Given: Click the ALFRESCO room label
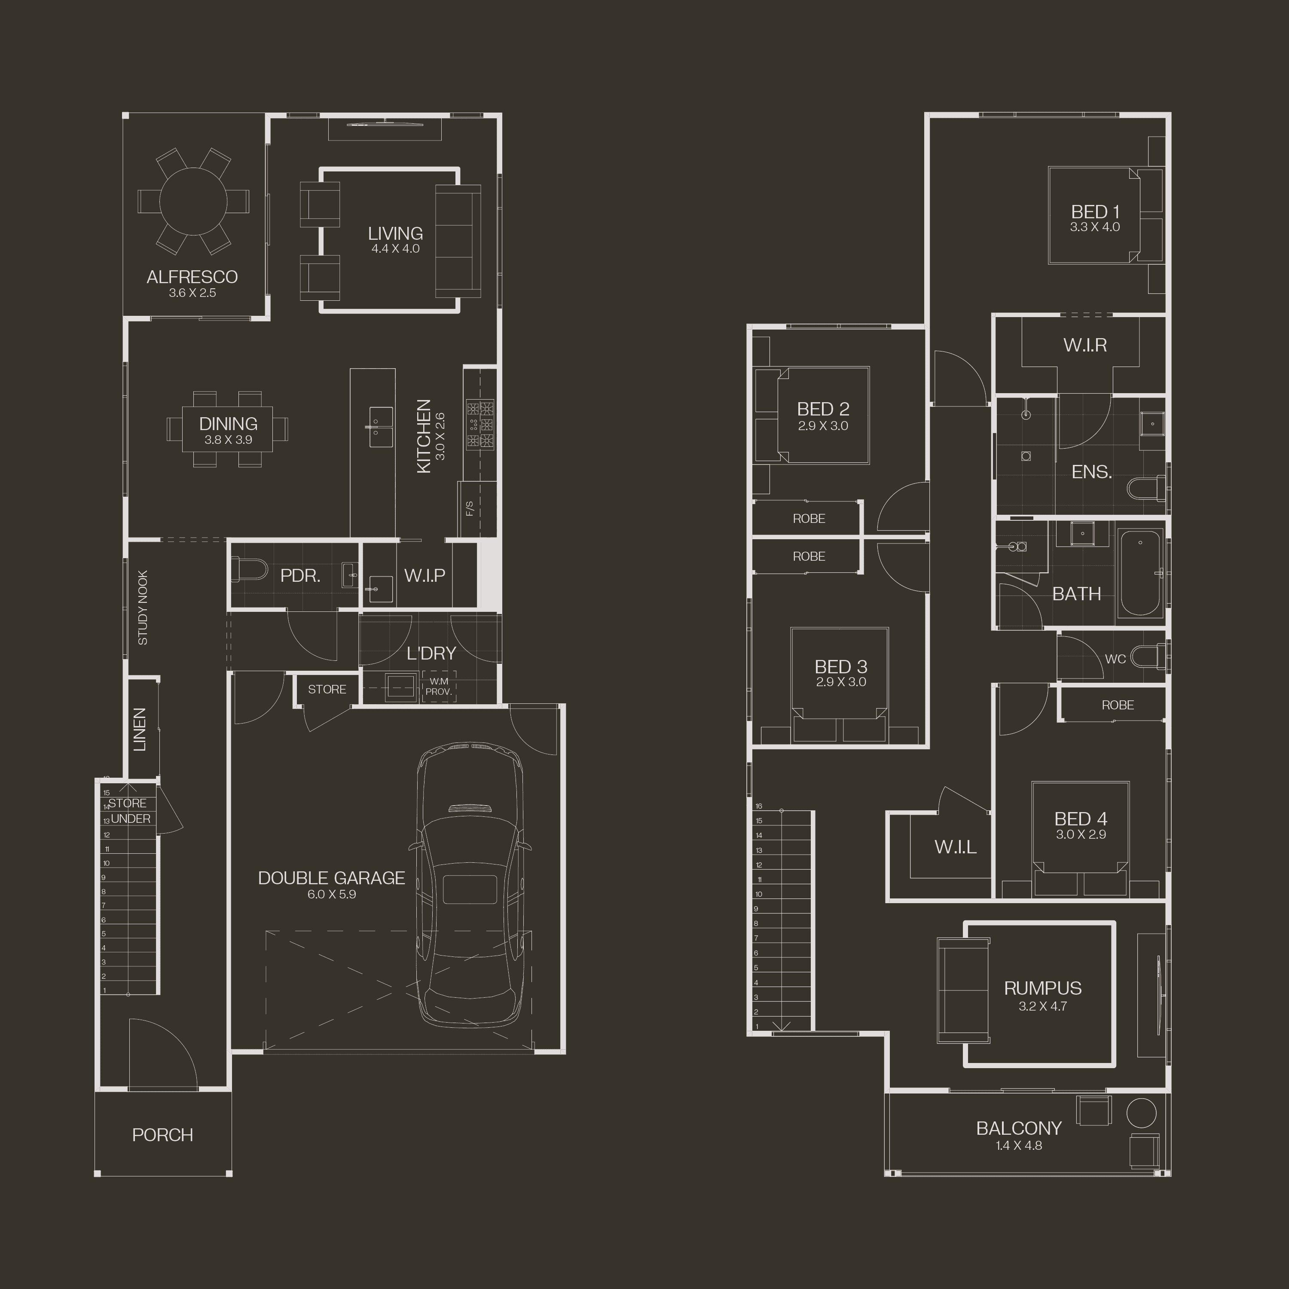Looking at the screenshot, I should pos(192,277).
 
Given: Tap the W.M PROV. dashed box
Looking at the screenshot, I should pos(439,686).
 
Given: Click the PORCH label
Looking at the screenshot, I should pos(163,1135).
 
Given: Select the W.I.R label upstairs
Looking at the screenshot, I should pos(1085,345).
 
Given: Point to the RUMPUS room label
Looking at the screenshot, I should pos(1043,988).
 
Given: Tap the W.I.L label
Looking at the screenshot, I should pos(956,846).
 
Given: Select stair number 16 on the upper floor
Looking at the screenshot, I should pos(759,806).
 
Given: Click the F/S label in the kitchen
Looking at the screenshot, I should pos(470,508).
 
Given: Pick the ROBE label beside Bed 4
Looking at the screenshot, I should pos(1118,705).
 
